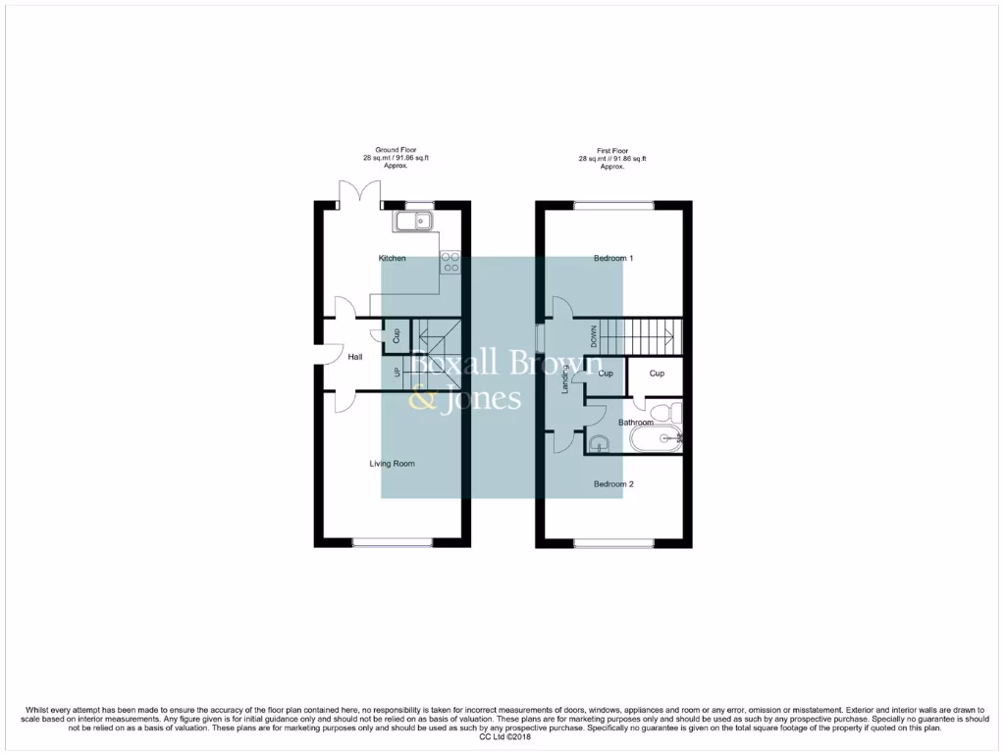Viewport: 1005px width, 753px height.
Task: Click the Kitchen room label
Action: [392, 258]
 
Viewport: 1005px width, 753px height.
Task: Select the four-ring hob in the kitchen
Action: [451, 261]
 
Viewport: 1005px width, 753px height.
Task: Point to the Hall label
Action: [355, 357]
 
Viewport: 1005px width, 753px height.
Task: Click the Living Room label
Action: [392, 463]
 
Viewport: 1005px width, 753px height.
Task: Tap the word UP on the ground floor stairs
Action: [397, 373]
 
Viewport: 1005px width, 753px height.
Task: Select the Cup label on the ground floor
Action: [396, 335]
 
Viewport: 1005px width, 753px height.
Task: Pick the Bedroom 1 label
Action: [613, 258]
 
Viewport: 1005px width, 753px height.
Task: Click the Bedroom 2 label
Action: [613, 484]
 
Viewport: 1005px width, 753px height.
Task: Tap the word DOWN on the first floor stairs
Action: [593, 336]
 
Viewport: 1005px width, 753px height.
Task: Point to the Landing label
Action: [565, 381]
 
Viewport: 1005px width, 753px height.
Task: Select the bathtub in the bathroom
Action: [656, 439]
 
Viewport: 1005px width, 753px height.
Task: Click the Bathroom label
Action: [636, 423]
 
